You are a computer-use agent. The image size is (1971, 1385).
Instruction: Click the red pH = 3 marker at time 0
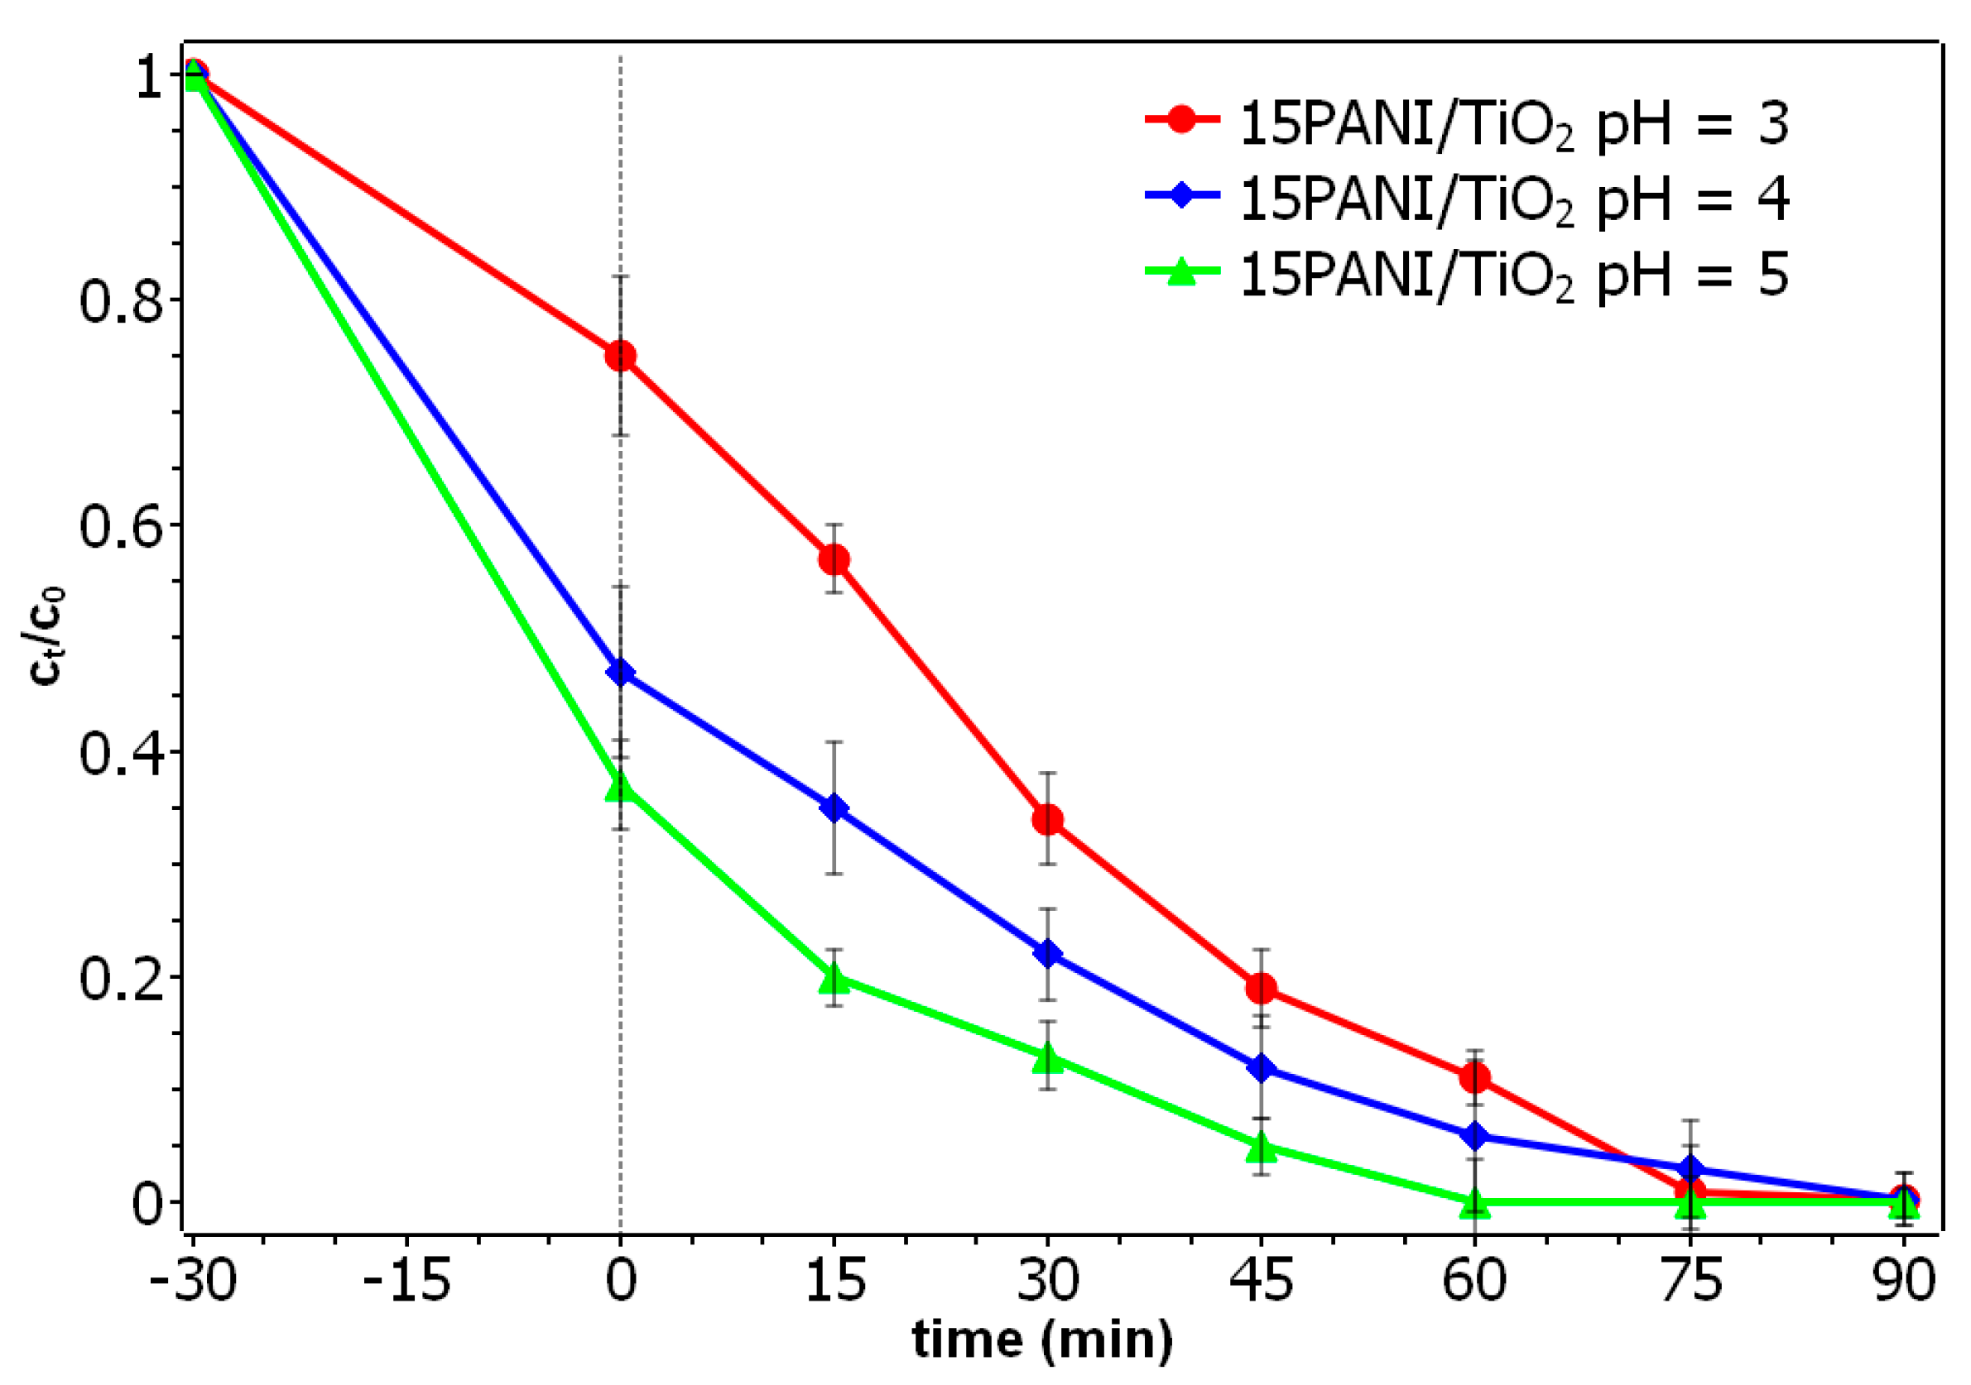[621, 355]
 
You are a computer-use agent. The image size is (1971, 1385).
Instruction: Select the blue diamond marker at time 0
[621, 672]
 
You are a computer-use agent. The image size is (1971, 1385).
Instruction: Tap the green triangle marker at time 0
[621, 786]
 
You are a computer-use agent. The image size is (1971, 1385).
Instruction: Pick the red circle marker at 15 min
[834, 559]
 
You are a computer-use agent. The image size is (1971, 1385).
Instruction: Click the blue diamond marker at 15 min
[834, 808]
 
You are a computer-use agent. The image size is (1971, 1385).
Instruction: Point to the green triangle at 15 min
[834, 977]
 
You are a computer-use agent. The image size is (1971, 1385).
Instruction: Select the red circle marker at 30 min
[1047, 820]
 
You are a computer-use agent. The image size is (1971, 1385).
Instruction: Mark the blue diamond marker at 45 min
[1261, 1068]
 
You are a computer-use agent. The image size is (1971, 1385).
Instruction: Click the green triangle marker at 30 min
[1047, 1058]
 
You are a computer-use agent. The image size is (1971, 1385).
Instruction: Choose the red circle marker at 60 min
[1475, 1078]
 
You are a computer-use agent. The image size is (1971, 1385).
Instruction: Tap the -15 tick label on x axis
[406, 1282]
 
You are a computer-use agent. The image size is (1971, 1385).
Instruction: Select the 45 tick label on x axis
[1261, 1282]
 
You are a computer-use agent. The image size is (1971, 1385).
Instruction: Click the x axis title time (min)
[1041, 1340]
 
